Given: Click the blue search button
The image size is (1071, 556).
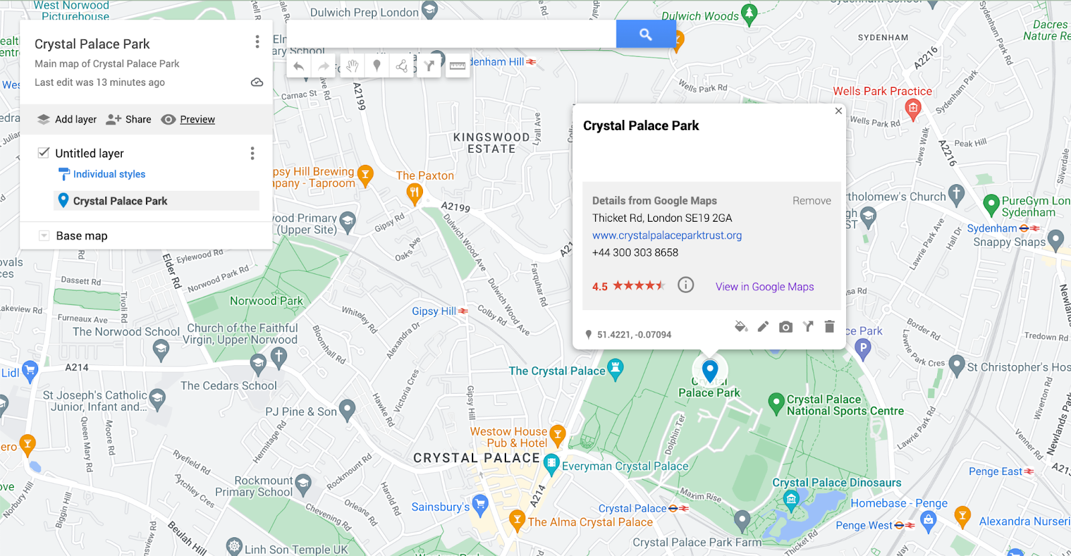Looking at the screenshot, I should pyautogui.click(x=645, y=34).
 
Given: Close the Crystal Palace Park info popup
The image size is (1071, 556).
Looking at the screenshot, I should pyautogui.click(x=838, y=111).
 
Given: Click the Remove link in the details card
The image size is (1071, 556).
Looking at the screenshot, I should pyautogui.click(x=811, y=201).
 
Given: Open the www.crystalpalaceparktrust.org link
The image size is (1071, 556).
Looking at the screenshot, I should pyautogui.click(x=667, y=235).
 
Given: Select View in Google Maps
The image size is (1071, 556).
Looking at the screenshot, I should pyautogui.click(x=764, y=287).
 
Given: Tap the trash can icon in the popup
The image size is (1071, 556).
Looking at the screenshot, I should pyautogui.click(x=829, y=326).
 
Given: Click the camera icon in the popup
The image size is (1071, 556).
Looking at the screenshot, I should pyautogui.click(x=786, y=327).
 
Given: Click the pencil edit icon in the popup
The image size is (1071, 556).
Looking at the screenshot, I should pyautogui.click(x=763, y=326).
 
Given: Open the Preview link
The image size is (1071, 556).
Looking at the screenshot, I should pyautogui.click(x=197, y=119).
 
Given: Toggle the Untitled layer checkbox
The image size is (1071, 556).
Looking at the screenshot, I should pyautogui.click(x=44, y=153).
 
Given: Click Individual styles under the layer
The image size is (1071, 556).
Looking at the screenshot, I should pyautogui.click(x=108, y=174).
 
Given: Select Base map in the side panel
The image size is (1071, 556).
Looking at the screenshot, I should pyautogui.click(x=82, y=236).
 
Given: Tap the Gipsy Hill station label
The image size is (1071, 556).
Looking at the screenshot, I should pyautogui.click(x=434, y=311).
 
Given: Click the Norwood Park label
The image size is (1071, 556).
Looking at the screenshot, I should pyautogui.click(x=266, y=301).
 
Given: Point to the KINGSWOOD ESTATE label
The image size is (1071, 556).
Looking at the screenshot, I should pyautogui.click(x=491, y=143).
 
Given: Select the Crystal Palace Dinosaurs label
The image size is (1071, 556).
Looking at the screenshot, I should pyautogui.click(x=837, y=482).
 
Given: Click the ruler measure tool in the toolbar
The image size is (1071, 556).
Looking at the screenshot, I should pyautogui.click(x=457, y=66).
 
